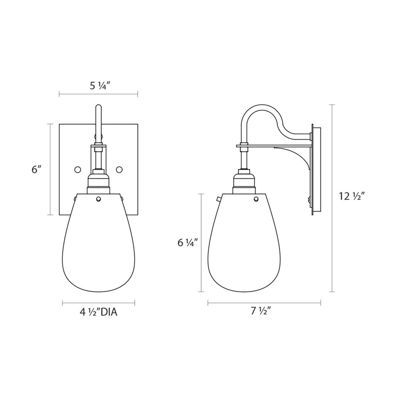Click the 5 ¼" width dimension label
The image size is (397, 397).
(99, 87)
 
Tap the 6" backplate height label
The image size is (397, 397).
(37, 170)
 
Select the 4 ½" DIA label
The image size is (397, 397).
(98, 312)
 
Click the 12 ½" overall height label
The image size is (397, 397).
(352, 196)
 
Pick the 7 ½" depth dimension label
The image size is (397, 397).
(261, 311)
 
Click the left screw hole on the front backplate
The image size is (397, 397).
(77, 169)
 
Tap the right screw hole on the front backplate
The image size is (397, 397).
(119, 169)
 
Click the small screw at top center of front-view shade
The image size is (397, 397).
(98, 199)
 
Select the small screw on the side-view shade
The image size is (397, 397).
(256, 199)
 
